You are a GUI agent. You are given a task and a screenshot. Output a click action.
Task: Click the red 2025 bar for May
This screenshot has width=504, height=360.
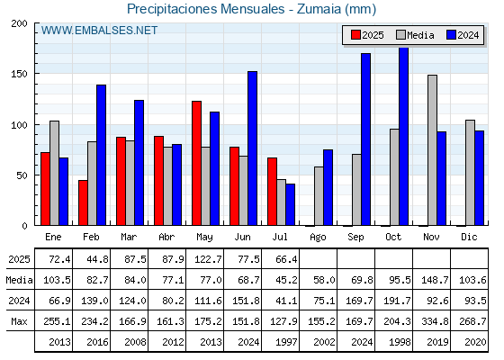point(197,163)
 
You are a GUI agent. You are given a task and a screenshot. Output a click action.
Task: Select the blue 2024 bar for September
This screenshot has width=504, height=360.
point(365,139)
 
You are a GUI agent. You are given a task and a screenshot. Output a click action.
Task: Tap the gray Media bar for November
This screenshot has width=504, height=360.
point(432,150)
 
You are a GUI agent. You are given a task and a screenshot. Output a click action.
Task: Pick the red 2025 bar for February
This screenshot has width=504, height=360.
point(83,202)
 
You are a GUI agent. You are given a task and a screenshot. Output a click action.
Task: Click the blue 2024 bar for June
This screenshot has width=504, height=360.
point(252,148)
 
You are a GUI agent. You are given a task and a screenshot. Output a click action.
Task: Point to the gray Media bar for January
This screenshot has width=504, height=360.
point(54,173)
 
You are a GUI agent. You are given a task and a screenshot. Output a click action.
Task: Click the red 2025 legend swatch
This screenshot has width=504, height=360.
point(355,35)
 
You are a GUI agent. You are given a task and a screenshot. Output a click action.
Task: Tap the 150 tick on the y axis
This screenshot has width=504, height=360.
point(19,74)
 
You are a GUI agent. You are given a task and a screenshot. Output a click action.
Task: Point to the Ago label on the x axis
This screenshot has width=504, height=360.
point(318,238)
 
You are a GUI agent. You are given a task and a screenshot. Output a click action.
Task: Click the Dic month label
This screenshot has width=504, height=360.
point(469,237)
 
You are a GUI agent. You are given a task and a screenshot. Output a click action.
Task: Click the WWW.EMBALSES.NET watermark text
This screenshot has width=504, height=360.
point(99,31)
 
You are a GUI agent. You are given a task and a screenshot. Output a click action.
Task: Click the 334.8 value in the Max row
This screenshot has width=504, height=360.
point(435,321)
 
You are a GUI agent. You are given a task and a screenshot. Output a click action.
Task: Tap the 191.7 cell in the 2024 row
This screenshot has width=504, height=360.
point(397,301)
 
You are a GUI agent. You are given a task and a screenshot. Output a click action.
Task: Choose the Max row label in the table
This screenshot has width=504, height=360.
point(19,321)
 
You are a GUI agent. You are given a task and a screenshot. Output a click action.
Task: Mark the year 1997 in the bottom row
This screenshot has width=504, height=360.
point(286,342)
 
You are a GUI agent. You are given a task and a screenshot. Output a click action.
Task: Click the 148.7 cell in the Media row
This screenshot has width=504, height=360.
point(435,280)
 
